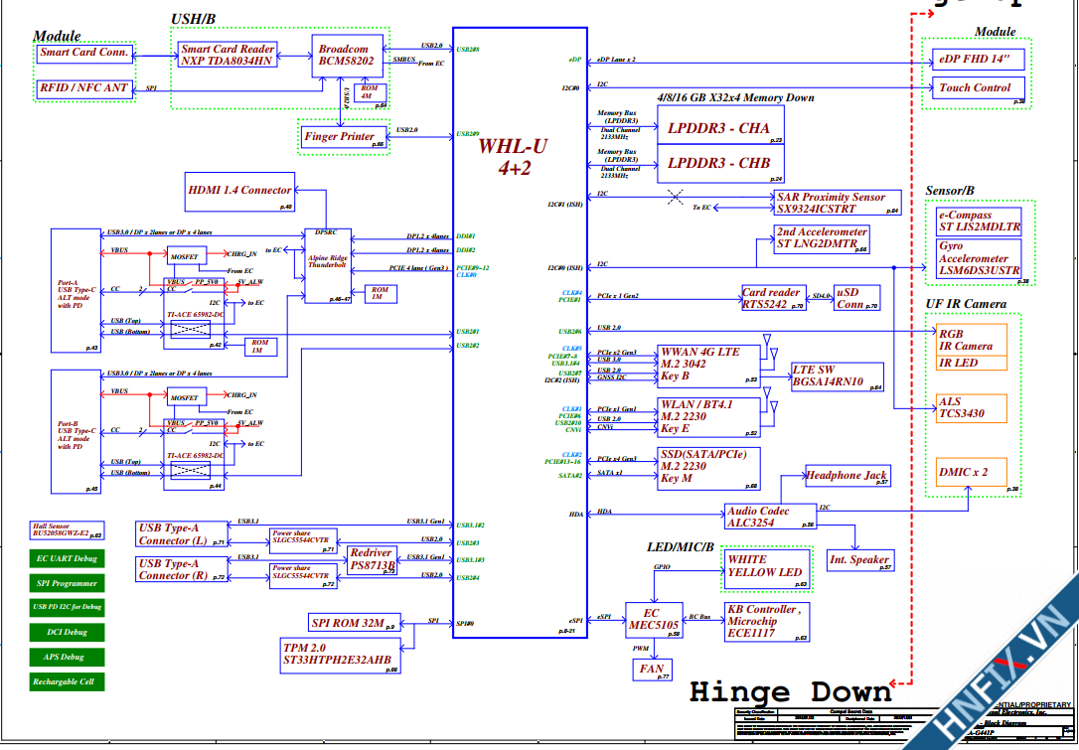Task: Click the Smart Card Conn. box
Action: [83, 53]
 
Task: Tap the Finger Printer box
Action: [339, 137]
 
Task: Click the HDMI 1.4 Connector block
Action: [240, 190]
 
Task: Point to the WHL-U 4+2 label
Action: [513, 157]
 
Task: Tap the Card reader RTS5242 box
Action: [771, 299]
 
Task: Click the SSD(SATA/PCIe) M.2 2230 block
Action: [706, 467]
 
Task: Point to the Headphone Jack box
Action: [847, 476]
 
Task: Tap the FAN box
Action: [652, 669]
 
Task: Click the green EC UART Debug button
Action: [67, 559]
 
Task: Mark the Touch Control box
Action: [976, 87]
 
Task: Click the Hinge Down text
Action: [790, 692]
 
